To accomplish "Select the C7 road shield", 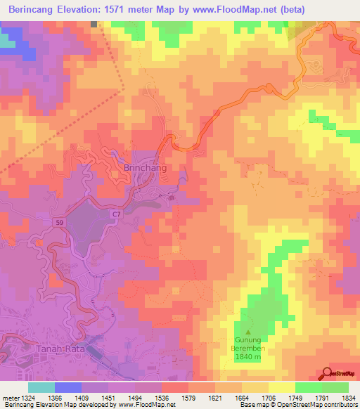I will click(x=115, y=212).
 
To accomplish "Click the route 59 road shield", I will click(x=63, y=222).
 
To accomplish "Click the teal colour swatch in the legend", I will click(x=41, y=387).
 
